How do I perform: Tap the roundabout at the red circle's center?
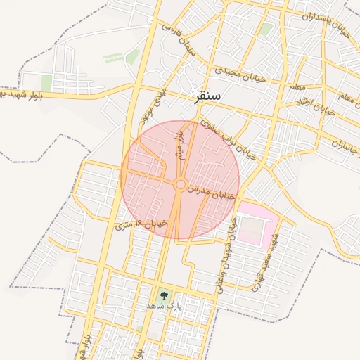[180, 184]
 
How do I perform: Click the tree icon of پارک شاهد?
[164, 295]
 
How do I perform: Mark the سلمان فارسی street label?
[179, 39]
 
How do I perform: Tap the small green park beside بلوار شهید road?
[46, 83]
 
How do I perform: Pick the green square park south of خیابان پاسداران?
[266, 30]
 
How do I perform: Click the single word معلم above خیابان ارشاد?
[297, 86]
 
